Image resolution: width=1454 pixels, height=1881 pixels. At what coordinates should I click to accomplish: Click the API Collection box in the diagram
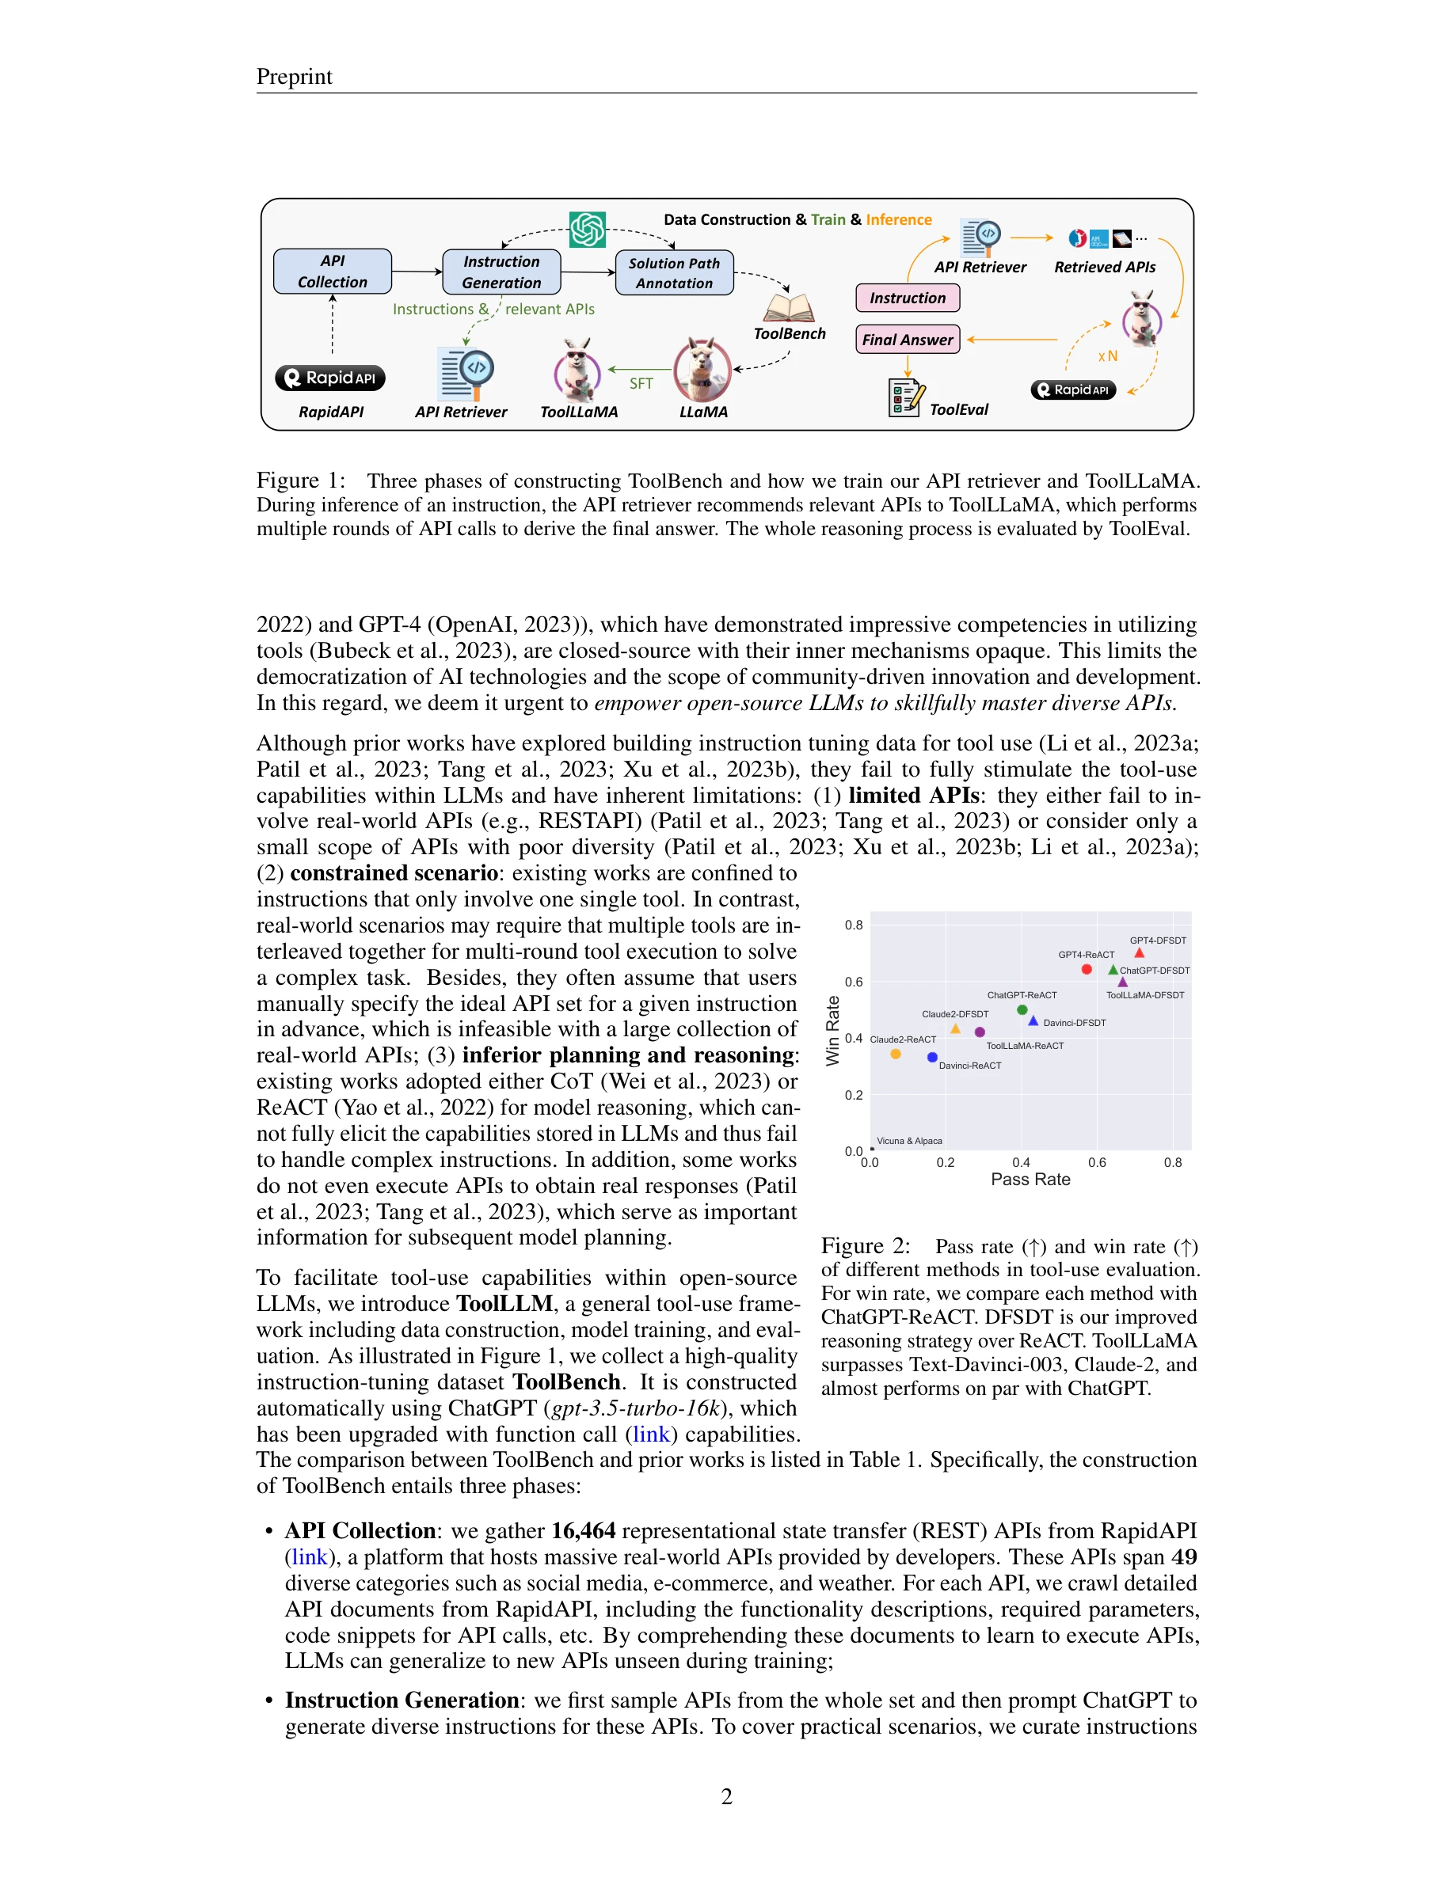point(333,272)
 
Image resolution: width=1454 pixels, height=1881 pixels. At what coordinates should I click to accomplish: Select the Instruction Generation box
point(501,272)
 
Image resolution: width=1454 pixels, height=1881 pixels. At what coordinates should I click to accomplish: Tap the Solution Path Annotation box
point(675,273)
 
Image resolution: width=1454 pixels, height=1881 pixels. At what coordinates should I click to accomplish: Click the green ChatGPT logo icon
point(588,230)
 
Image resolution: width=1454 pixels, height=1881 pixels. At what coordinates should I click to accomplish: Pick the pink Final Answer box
point(907,340)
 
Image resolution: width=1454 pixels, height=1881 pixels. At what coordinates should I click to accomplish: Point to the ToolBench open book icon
point(788,308)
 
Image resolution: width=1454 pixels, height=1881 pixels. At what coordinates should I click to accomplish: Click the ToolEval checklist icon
point(905,398)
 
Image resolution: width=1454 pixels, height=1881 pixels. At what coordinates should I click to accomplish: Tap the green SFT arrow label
point(641,383)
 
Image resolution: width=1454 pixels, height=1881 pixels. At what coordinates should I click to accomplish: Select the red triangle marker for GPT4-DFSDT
point(1139,952)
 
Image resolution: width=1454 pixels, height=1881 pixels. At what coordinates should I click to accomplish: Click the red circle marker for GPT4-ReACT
point(1087,969)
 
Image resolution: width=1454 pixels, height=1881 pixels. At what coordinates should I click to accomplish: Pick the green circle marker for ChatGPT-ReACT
point(1022,1009)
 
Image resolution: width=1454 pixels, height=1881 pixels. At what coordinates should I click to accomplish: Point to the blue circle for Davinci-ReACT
point(932,1057)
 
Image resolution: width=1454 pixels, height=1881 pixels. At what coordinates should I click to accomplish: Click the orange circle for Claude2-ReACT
point(896,1054)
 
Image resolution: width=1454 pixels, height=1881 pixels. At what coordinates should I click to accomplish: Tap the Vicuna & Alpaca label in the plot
point(909,1140)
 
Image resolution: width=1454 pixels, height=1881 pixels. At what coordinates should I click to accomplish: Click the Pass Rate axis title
point(1030,1179)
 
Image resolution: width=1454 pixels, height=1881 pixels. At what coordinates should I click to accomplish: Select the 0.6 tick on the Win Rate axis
point(853,981)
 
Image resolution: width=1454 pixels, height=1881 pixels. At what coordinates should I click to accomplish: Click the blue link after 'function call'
point(651,1434)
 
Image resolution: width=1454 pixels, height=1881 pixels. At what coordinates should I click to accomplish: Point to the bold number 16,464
point(583,1530)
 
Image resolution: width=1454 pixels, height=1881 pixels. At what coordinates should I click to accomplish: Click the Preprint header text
point(294,77)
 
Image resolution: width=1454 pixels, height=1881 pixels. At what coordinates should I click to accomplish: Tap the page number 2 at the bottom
point(726,1795)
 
